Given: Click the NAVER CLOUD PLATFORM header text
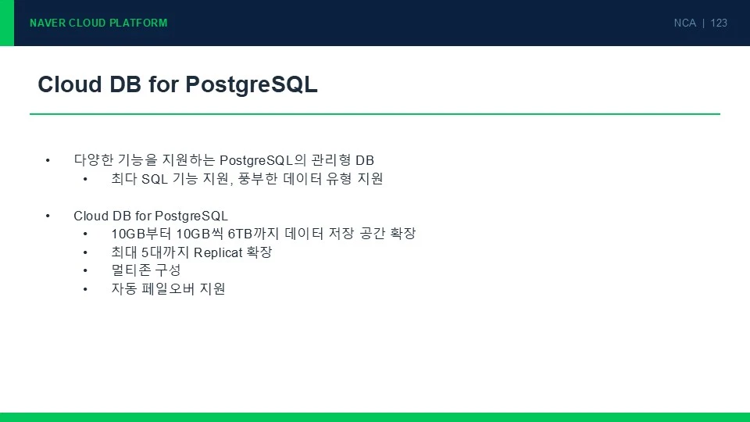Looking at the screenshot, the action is click(98, 23).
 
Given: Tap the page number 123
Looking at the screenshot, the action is click(719, 23).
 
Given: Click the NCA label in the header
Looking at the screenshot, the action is click(685, 23).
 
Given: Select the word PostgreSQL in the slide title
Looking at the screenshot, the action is click(251, 85).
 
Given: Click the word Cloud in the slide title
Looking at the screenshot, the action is click(70, 84).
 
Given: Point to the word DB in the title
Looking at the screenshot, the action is click(125, 84).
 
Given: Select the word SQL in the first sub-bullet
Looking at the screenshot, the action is click(155, 179).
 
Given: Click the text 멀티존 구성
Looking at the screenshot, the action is click(146, 270).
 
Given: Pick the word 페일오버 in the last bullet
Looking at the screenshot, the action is click(168, 289).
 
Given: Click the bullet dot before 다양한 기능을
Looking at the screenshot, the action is click(48, 160).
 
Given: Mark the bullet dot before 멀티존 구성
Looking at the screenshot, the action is click(85, 271).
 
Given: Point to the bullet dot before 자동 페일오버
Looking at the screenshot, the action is click(85, 289).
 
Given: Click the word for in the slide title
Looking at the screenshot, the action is click(163, 84).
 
